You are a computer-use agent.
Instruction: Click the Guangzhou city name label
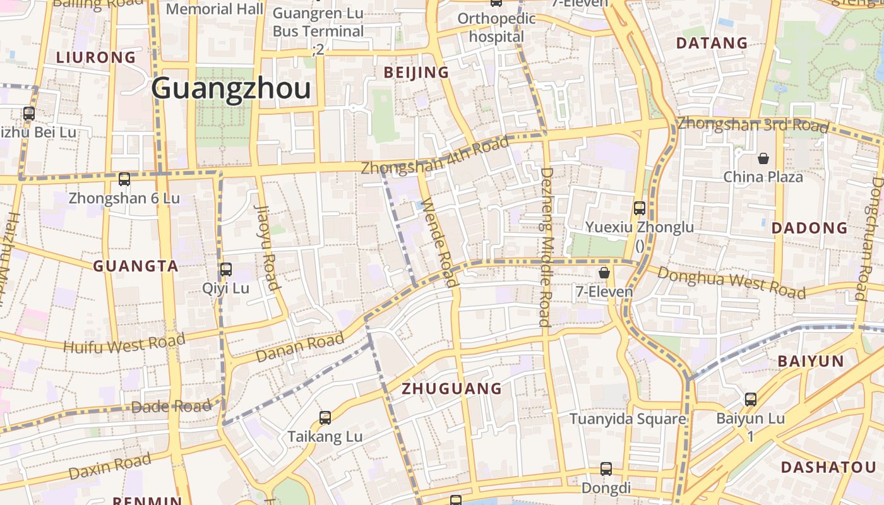[231, 88]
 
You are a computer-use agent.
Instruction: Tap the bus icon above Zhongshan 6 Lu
[124, 179]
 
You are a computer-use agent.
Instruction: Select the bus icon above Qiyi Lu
[226, 270]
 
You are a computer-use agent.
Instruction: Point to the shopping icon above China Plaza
[763, 158]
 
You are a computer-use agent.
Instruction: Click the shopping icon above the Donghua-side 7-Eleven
[604, 273]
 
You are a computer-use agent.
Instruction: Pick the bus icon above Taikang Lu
[325, 417]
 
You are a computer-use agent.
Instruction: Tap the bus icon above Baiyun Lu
[750, 400]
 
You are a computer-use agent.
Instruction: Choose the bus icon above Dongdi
[606, 469]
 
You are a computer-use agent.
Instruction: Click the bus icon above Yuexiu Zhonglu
[640, 208]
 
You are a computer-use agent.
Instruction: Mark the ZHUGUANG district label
[452, 388]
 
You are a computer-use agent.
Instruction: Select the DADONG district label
[810, 229]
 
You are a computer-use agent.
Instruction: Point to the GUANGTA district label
[136, 266]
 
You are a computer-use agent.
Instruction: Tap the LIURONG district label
[96, 57]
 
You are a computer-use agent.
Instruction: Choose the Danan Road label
[300, 347]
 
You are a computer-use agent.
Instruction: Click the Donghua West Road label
[731, 282]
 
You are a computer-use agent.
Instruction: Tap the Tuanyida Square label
[628, 419]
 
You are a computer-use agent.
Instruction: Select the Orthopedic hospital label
[496, 27]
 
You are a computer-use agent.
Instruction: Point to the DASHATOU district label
[829, 467]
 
